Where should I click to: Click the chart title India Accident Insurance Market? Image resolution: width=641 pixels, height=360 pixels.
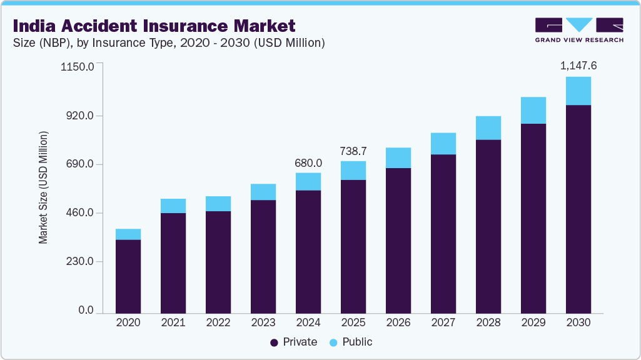(x=153, y=26)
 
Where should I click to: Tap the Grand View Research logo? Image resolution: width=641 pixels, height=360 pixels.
(x=578, y=30)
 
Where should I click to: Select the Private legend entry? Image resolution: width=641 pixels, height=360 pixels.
(x=294, y=342)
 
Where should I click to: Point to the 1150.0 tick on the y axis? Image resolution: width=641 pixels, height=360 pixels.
(x=78, y=66)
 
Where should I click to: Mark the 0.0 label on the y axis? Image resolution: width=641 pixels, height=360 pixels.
(x=85, y=311)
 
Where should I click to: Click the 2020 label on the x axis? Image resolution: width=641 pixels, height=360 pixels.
(x=128, y=323)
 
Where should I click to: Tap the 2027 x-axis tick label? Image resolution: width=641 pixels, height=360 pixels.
(x=443, y=323)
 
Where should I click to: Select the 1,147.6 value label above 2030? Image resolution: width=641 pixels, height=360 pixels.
(x=578, y=65)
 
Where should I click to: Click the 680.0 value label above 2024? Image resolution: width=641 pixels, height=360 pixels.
(x=308, y=162)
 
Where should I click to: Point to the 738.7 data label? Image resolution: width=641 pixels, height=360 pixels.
(x=353, y=151)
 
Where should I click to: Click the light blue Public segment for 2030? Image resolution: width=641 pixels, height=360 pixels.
(x=578, y=91)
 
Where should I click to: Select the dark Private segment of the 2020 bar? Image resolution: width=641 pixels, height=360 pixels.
(x=128, y=276)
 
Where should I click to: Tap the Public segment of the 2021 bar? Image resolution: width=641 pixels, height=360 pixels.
(x=173, y=206)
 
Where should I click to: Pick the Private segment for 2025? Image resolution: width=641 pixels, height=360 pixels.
(x=353, y=246)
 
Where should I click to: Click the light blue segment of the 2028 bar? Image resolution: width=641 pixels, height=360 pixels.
(x=488, y=127)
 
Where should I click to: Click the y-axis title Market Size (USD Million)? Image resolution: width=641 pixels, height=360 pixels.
(x=43, y=187)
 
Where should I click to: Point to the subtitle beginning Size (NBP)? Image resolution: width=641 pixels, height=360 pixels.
(x=168, y=43)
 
